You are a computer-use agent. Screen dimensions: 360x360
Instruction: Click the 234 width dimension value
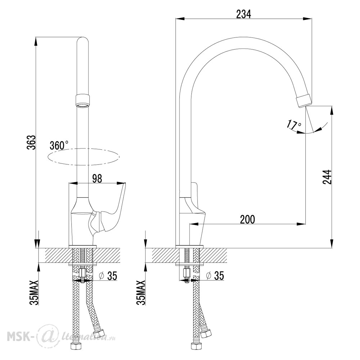tap(244, 14)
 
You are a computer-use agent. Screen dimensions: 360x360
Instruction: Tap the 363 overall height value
tap(31, 143)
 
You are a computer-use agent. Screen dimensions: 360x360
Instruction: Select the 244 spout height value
tap(327, 177)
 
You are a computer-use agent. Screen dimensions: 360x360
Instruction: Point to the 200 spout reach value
tap(248, 220)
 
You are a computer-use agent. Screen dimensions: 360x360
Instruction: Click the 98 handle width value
tap(97, 179)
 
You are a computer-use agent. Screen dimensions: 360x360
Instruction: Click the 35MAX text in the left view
tap(34, 292)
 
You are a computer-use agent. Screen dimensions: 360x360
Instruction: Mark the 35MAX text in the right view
tap(141, 292)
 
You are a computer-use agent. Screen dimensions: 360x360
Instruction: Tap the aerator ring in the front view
tap(82, 101)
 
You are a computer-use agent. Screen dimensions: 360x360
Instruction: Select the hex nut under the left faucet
tap(82, 273)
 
